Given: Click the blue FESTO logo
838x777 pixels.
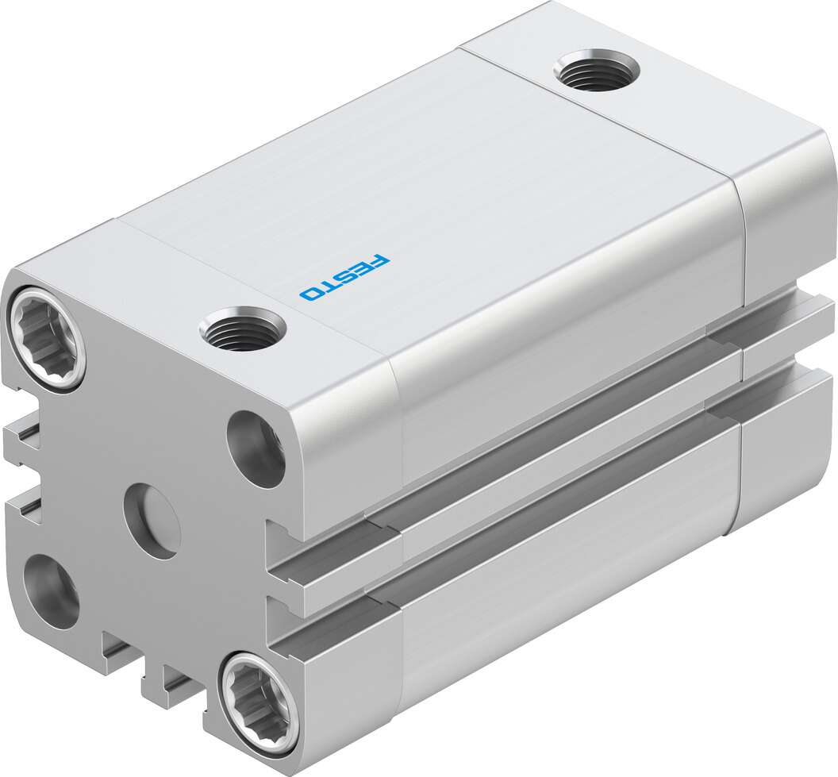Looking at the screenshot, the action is (345, 277).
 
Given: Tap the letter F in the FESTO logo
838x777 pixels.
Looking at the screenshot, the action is (381, 261).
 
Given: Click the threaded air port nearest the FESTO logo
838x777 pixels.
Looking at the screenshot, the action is (242, 330).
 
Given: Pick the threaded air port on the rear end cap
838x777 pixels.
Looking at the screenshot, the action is (597, 70).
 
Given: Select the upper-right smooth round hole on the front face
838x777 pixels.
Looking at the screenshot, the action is (256, 449).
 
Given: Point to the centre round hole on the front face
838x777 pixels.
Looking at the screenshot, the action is (152, 521).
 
